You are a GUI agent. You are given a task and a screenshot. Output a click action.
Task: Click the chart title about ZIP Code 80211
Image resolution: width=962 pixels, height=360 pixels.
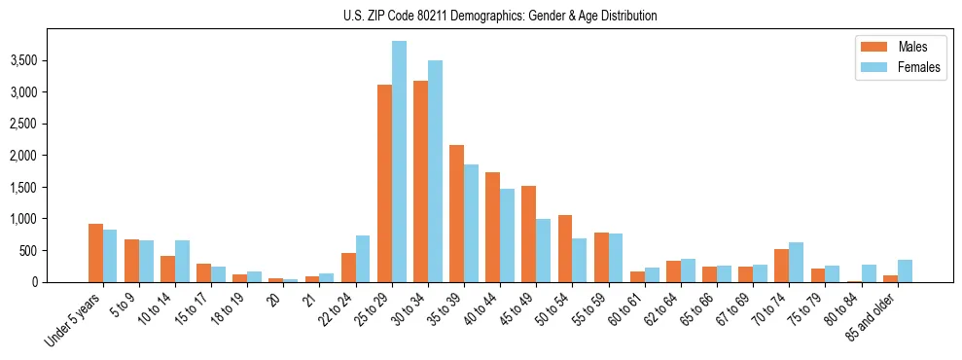pos(500,16)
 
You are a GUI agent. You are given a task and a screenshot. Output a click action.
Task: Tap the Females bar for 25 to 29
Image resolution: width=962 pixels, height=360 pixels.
pos(399,162)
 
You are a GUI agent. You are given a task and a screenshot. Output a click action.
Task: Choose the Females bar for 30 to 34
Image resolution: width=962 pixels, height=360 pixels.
pos(435,171)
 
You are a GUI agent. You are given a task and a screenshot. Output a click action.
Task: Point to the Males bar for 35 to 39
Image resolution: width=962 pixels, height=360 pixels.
pos(457,213)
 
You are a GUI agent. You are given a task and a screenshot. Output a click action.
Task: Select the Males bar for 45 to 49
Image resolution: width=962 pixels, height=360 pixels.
pos(529,234)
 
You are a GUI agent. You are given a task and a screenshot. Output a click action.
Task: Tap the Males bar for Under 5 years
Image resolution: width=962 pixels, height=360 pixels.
pos(95,253)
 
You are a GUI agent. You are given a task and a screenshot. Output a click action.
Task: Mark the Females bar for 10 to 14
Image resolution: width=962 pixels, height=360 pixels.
pos(182,261)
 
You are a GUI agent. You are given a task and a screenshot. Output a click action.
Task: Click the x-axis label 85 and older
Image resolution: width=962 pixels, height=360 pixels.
pos(870,317)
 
